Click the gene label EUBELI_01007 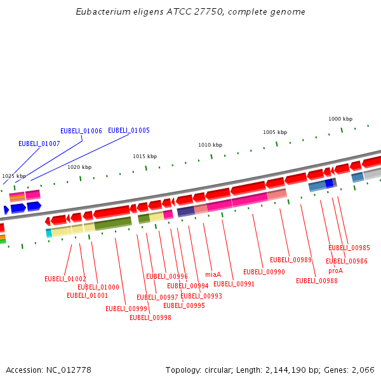pyautogui.click(x=39, y=144)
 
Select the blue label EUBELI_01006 pyautogui.click(x=81, y=131)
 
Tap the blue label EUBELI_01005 pyautogui.click(x=129, y=130)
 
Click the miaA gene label pyautogui.click(x=213, y=274)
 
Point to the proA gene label pyautogui.click(x=335, y=271)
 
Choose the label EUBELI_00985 pyautogui.click(x=349, y=248)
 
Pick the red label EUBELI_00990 pyautogui.click(x=264, y=272)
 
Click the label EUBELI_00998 pyautogui.click(x=150, y=317)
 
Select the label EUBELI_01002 pyautogui.click(x=65, y=279)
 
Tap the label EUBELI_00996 pyautogui.click(x=167, y=276)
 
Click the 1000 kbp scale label pyautogui.click(x=340, y=119)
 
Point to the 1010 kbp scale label pyautogui.click(x=210, y=145)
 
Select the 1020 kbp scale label pyautogui.click(x=79, y=167)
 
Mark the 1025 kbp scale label pyautogui.click(x=14, y=176)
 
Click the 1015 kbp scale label pyautogui.click(x=145, y=156)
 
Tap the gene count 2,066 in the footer pyautogui.click(x=363, y=370)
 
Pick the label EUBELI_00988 pyautogui.click(x=317, y=281)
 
